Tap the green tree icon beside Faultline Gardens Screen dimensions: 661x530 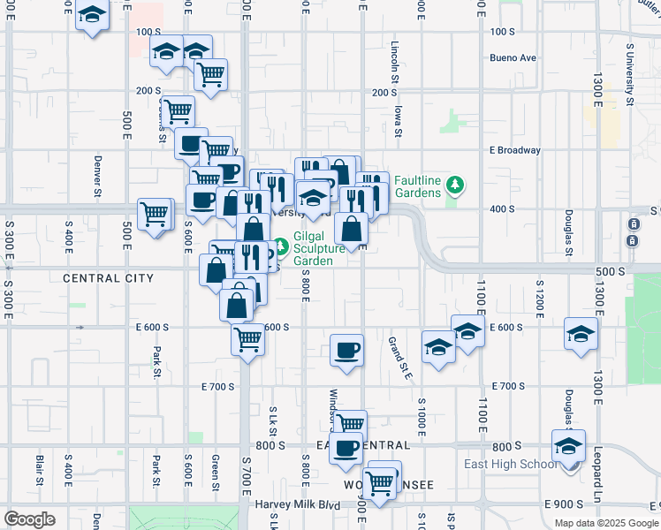pos(455,185)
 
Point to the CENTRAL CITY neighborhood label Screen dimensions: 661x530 pos(108,278)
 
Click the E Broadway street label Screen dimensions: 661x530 pos(514,150)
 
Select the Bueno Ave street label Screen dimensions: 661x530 pos(513,58)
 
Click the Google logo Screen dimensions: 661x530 pos(29,519)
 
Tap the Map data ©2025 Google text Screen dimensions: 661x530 pos(606,523)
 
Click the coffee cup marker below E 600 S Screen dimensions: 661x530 pos(346,350)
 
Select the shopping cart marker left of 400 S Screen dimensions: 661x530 pos(155,214)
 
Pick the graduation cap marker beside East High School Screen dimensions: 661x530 pos(569,445)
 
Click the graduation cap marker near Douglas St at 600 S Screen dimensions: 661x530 pos(581,334)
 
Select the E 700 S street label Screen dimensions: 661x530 pos(217,387)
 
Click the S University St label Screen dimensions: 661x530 pos(630,73)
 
